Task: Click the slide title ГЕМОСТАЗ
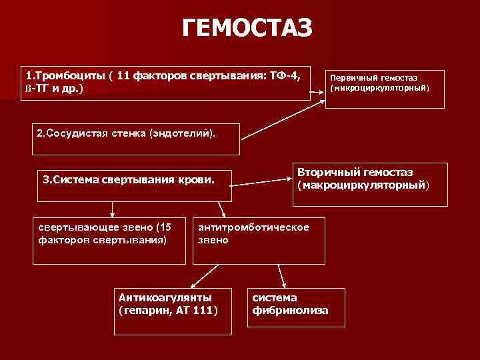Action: pos(247,28)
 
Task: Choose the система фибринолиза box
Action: pos(296,307)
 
